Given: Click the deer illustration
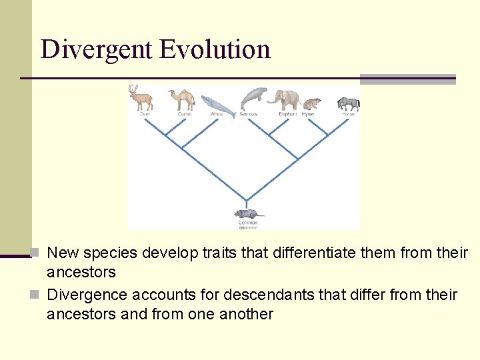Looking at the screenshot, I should (x=141, y=99).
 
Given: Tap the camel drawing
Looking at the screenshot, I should (x=181, y=99).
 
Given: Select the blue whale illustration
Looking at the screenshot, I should (x=218, y=103).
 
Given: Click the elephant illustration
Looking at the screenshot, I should (x=285, y=99).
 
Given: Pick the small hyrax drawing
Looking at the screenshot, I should (x=311, y=104).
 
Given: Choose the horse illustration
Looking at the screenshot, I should (x=349, y=103).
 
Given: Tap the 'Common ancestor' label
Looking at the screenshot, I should (x=248, y=225).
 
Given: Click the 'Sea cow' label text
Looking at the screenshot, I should (x=249, y=114).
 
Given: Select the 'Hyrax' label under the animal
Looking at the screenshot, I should (x=307, y=114).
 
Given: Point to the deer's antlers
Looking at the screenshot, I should (x=134, y=89).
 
